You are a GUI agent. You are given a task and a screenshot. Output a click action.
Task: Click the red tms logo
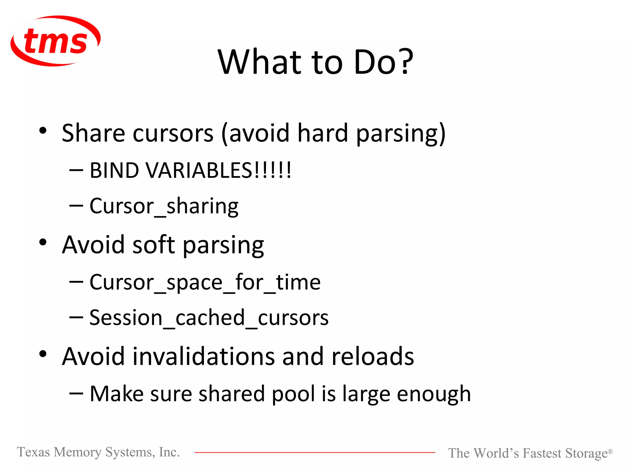tap(55, 41)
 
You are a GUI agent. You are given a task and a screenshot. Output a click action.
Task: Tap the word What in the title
tap(259, 62)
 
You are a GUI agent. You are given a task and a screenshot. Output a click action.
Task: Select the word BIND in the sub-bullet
tap(114, 170)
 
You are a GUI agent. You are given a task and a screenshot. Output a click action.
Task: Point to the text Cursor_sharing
tap(164, 206)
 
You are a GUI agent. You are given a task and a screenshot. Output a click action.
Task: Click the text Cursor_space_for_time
tap(205, 282)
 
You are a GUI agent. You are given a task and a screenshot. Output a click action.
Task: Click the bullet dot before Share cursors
tap(43, 131)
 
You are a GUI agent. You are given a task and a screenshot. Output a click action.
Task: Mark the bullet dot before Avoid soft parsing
tap(43, 242)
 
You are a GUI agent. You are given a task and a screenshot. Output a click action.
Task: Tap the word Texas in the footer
tap(33, 452)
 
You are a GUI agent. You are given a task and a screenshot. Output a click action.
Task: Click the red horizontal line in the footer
tap(314, 452)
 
